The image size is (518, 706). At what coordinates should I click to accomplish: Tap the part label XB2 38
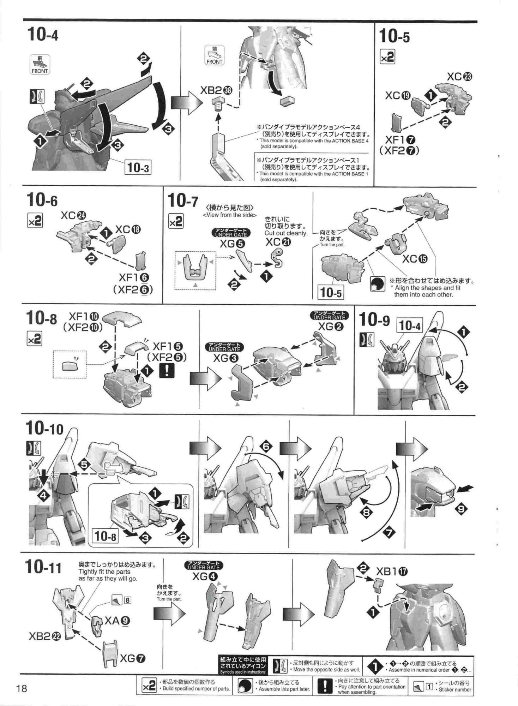[x=216, y=91]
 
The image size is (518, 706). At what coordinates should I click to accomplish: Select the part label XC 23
[x=459, y=77]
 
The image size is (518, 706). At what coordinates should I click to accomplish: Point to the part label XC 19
[x=398, y=95]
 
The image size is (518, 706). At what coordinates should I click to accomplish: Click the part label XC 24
[x=73, y=215]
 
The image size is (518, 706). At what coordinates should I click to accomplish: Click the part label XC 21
[x=278, y=242]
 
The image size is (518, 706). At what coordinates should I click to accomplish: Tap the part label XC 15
[x=415, y=259]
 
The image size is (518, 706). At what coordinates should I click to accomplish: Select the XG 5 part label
[x=232, y=244]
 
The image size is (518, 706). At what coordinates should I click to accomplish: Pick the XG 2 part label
[x=331, y=327]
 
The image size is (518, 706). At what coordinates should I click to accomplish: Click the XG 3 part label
[x=226, y=358]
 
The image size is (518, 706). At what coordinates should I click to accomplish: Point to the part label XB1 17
[x=392, y=571]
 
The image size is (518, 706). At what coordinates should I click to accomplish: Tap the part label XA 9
[x=117, y=620]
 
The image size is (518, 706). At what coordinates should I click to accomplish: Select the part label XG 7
[x=133, y=658]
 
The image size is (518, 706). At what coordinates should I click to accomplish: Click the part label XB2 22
[x=45, y=636]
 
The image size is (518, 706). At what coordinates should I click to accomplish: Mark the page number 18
[x=22, y=688]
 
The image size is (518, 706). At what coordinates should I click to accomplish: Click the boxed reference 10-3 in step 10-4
[x=138, y=167]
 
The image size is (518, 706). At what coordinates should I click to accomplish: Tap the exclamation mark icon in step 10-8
[x=167, y=370]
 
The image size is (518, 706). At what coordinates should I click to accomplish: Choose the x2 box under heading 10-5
[x=387, y=57]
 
